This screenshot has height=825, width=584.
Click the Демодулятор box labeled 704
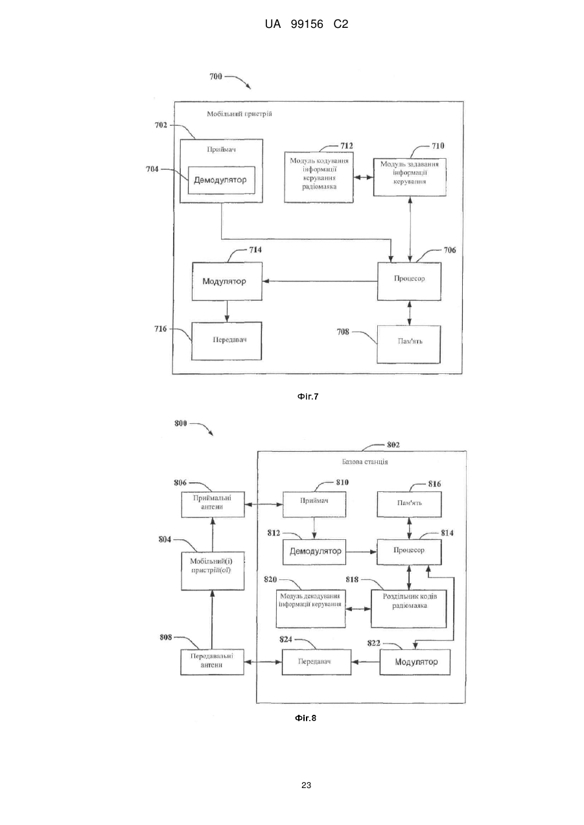[x=222, y=180]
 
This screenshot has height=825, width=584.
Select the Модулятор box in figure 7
[x=227, y=281]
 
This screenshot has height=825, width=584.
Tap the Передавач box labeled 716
[x=227, y=341]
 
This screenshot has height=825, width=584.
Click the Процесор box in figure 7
[x=409, y=281]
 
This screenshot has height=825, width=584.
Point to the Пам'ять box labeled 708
[x=408, y=344]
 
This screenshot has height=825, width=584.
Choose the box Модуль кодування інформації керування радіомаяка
[x=319, y=177]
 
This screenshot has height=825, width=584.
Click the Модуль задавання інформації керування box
[x=410, y=177]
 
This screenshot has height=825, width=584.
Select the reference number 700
[x=216, y=76]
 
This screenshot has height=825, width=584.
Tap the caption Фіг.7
[x=308, y=397]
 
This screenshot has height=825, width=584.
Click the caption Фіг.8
[x=305, y=718]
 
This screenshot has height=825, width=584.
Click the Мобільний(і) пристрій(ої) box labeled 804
[x=213, y=571]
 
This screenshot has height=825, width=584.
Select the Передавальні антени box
[x=212, y=662]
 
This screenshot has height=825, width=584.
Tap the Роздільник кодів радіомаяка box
[x=408, y=609]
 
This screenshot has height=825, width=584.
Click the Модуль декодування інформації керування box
[x=311, y=609]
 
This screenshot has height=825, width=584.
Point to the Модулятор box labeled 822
[x=415, y=662]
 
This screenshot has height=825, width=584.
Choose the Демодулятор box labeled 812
[x=314, y=552]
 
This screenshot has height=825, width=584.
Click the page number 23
[x=306, y=785]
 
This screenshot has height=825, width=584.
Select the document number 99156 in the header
[x=307, y=25]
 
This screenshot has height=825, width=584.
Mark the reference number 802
[x=393, y=445]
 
